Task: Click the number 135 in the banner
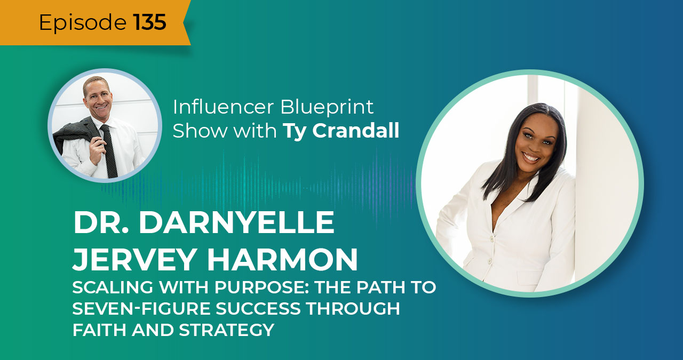point(149,22)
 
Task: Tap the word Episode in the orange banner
point(82,22)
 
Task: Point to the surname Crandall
point(355,132)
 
